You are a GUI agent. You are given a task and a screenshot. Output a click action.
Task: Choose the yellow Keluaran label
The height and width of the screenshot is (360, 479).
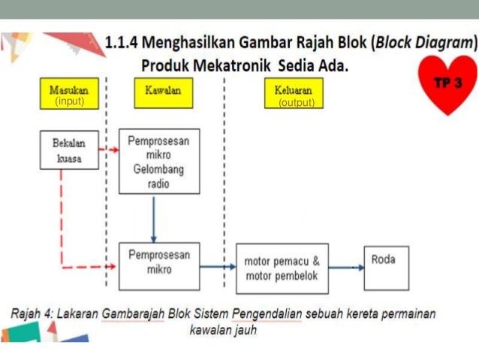coord(294,89)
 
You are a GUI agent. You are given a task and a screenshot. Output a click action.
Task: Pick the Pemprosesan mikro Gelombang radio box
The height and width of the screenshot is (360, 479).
coord(159,161)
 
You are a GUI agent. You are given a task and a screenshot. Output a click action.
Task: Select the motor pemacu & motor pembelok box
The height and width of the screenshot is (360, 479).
coord(282,268)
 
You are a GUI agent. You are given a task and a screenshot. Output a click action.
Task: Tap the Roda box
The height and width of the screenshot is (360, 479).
coord(386,268)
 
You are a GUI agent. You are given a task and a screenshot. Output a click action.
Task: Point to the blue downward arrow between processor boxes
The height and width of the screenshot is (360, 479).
coord(153,218)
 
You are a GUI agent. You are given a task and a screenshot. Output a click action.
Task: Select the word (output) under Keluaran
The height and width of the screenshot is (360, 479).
coord(296,102)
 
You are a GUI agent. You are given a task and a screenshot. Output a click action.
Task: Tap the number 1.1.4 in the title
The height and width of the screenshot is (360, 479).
coord(125,43)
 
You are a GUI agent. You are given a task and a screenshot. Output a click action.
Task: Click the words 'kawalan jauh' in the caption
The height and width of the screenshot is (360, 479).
coord(223,329)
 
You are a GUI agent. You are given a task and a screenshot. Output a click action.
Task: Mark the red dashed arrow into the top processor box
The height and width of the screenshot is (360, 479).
coord(110,150)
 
